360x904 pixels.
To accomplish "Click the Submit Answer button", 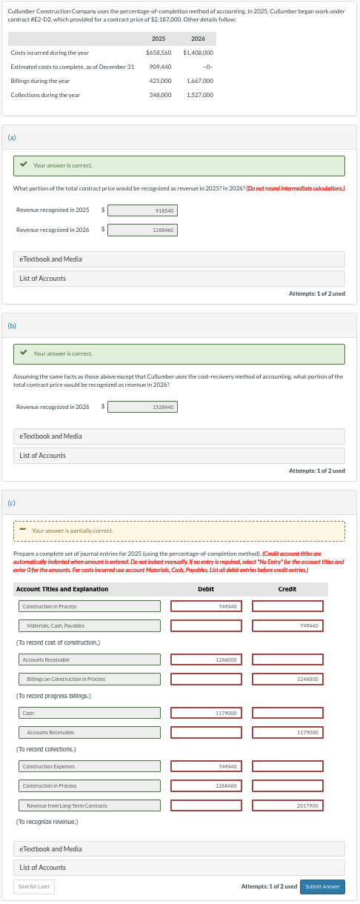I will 323,886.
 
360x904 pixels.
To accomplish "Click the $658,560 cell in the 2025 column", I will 159,53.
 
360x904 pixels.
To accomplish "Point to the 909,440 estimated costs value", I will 160,67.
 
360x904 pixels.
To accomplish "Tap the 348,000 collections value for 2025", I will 160,95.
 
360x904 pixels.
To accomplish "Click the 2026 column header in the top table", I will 198,39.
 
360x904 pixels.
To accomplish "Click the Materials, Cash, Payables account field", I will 89,625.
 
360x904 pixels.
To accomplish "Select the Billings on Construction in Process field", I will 89,679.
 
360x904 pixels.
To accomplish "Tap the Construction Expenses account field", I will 89,766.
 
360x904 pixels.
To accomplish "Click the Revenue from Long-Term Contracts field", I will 89,805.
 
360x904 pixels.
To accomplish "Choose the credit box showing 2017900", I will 287,805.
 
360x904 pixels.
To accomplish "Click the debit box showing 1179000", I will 206,713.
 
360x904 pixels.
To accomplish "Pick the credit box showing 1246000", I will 287,679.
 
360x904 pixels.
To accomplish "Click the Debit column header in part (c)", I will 206,589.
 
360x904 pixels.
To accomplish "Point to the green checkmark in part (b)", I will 25,353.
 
